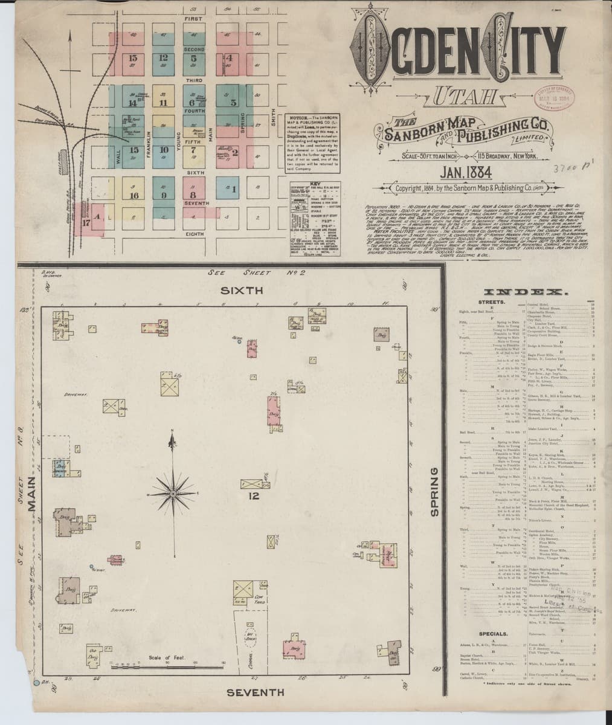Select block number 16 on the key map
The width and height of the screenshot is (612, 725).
point(134,195)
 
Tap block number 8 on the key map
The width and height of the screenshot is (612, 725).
point(193,195)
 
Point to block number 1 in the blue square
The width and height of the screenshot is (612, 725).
point(233,190)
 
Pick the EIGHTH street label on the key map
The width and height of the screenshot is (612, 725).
point(193,234)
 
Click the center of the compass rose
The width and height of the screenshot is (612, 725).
point(173,494)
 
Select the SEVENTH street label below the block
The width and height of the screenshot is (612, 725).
point(256,691)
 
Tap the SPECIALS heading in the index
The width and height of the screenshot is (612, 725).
point(495,634)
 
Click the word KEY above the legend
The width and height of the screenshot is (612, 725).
point(314,182)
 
